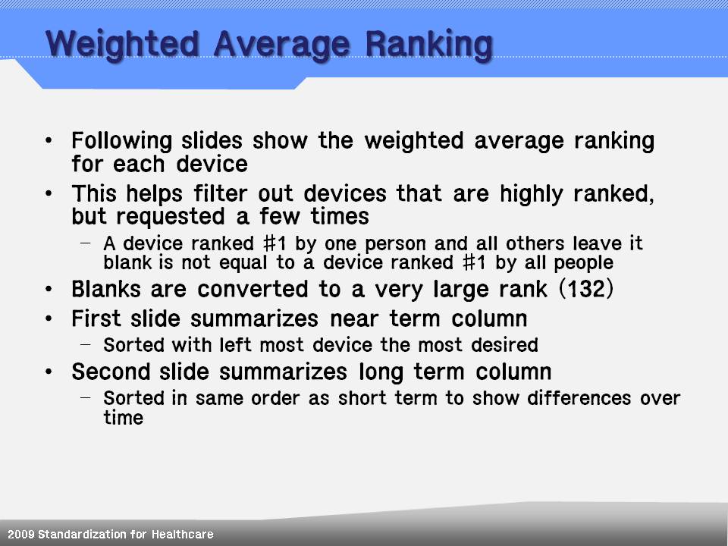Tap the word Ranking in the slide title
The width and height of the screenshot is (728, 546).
(428, 45)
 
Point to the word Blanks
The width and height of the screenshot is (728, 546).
(106, 289)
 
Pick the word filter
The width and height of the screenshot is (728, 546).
(220, 193)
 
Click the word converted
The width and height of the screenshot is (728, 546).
(253, 289)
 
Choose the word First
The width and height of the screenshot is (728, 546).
(96, 318)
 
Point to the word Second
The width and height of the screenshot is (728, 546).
(111, 372)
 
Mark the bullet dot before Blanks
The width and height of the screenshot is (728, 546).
(49, 289)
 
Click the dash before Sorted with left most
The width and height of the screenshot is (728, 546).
(85, 344)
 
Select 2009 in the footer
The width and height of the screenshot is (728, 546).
(21, 535)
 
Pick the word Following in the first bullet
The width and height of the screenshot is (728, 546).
(121, 141)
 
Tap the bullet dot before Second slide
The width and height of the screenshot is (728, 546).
(49, 372)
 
